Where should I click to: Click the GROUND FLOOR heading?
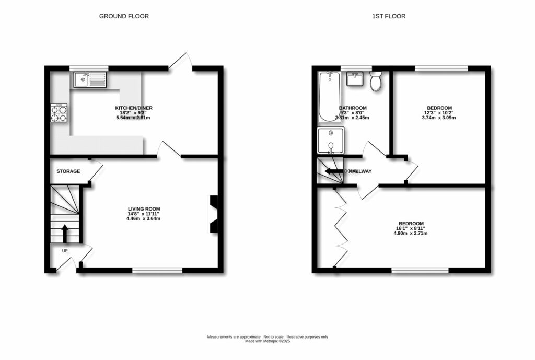point(124,16)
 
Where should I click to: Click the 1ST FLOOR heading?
point(388,16)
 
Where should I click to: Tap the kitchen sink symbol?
point(90,79)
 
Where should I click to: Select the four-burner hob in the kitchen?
point(60,113)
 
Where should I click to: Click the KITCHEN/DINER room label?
point(134,108)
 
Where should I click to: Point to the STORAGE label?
point(68,171)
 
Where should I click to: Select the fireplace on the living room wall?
point(214,213)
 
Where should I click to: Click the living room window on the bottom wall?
point(157,270)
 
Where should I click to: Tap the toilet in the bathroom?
point(375,81)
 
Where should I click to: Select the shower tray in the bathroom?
point(331,140)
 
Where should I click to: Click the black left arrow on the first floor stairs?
point(333,171)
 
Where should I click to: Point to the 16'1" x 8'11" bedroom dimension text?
point(410,233)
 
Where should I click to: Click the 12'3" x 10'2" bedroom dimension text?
point(439,118)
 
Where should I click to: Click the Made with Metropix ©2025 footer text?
point(267,341)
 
